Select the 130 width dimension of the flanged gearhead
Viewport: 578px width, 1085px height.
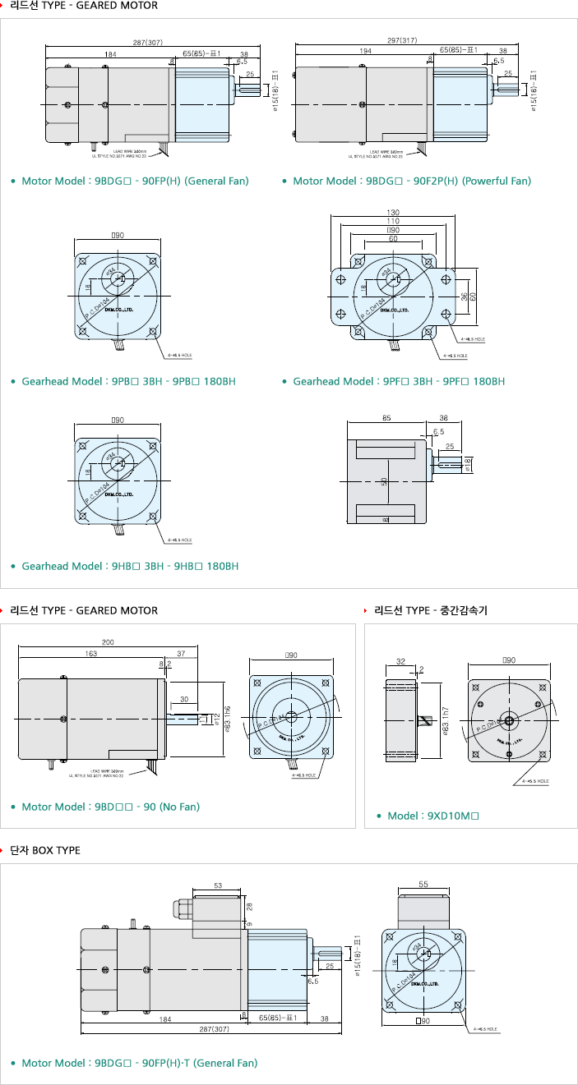(x=392, y=213)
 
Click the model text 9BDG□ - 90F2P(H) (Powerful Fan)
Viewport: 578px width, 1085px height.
(x=412, y=181)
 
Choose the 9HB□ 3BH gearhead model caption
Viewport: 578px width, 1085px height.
(x=130, y=566)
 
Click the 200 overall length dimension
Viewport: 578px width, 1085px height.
(x=108, y=641)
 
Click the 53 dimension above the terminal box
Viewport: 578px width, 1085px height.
(x=217, y=886)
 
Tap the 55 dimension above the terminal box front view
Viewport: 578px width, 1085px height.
(x=423, y=885)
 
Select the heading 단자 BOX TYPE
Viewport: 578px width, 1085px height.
(x=45, y=850)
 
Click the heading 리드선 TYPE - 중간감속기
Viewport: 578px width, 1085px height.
(x=430, y=610)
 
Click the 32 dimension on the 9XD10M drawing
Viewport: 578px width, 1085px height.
(x=400, y=660)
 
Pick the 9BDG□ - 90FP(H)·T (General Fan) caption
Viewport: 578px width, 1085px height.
(x=140, y=1063)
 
